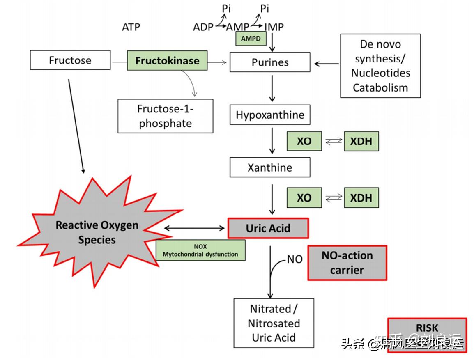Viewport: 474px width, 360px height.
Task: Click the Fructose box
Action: click(70, 60)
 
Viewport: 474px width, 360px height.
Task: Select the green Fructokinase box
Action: click(167, 61)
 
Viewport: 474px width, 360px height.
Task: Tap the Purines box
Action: click(270, 62)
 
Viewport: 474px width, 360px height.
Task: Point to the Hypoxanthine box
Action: click(270, 115)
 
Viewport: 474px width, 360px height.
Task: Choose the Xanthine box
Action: click(270, 167)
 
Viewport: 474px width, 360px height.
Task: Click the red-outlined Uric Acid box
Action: click(268, 228)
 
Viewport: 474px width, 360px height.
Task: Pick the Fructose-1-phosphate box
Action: click(165, 116)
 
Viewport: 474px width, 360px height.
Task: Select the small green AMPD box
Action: click(251, 39)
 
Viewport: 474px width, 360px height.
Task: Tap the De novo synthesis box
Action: click(380, 66)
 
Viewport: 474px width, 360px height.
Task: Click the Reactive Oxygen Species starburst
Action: click(97, 232)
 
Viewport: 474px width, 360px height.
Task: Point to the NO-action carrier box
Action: click(347, 263)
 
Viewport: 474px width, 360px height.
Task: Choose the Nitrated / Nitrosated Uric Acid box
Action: click(274, 323)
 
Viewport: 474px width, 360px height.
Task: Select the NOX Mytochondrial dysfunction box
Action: click(200, 250)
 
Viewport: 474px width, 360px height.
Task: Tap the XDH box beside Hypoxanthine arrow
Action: click(361, 141)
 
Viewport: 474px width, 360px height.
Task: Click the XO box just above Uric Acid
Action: click(304, 198)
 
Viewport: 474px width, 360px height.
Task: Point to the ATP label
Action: click(131, 27)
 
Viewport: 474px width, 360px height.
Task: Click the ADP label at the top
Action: click(203, 27)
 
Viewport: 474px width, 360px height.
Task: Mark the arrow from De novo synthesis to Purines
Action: click(327, 64)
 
